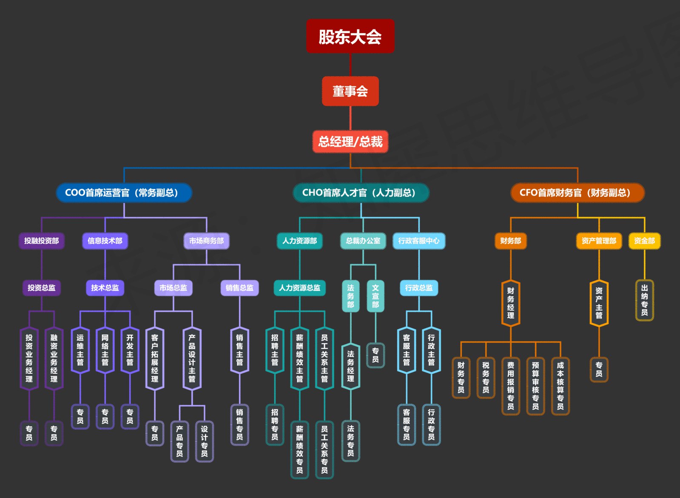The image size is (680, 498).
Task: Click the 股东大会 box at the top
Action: point(350,36)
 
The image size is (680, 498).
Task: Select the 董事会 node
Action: point(350,91)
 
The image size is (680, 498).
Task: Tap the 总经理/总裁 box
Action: point(350,142)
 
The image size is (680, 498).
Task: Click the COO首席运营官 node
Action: point(124,193)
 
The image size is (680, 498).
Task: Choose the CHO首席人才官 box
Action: point(361,193)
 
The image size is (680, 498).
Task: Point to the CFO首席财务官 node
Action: point(577,193)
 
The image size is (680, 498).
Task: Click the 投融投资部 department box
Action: point(41,241)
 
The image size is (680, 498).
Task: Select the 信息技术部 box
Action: point(105,241)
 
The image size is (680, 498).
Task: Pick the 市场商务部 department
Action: point(206,241)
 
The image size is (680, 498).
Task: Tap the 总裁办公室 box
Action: point(363,241)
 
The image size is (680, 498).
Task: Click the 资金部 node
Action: point(644,241)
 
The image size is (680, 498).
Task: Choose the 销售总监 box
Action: point(239,288)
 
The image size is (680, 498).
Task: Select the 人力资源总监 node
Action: point(299,288)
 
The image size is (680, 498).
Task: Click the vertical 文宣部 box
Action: point(375,296)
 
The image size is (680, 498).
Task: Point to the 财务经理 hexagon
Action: point(510,303)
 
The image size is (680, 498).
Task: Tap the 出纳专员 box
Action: point(644,300)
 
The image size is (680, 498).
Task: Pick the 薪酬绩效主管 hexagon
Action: point(299,359)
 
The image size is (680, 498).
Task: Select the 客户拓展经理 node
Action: point(154,359)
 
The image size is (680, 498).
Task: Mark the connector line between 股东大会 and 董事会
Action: point(350,65)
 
